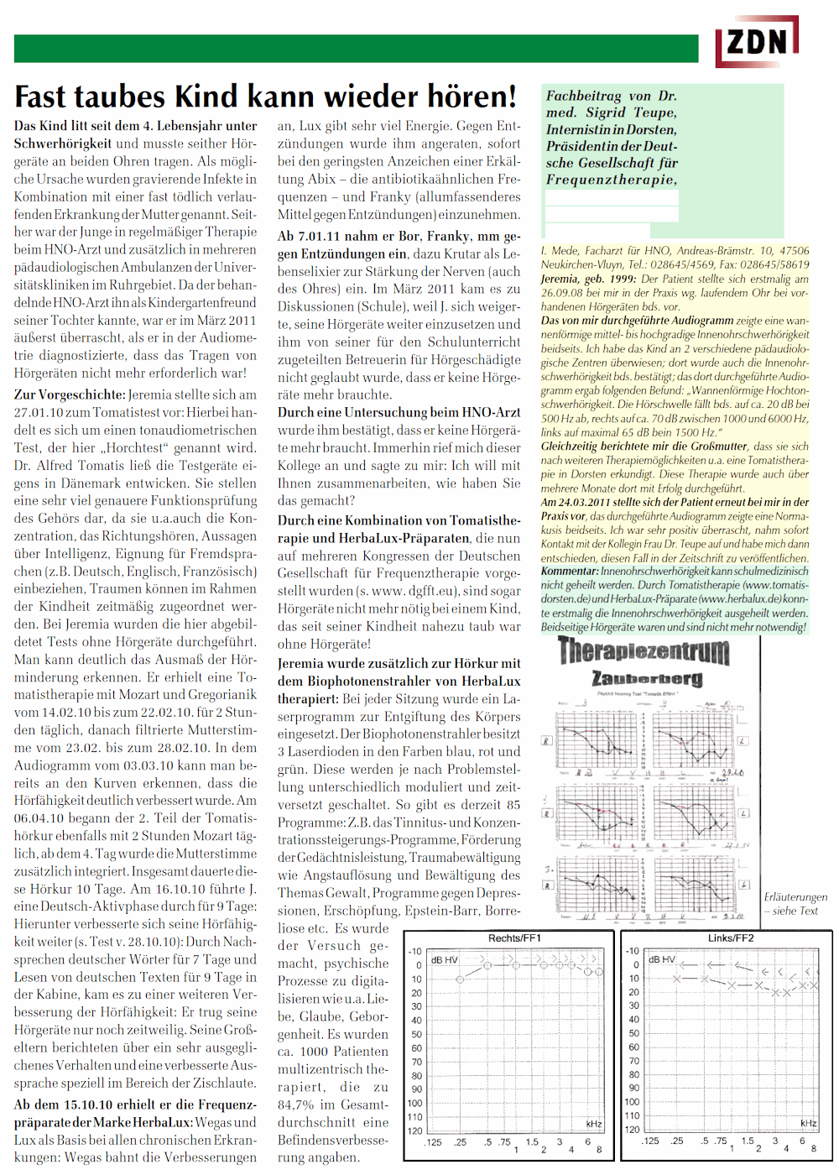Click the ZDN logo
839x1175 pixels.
tap(757, 42)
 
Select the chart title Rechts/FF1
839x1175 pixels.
tap(514, 937)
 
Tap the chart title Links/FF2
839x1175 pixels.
tap(731, 937)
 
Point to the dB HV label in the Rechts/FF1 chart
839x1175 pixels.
tap(444, 959)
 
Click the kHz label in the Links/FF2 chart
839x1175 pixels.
tap(808, 1123)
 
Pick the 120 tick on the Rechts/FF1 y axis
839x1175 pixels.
tap(414, 1131)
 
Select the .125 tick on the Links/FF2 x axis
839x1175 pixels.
tap(650, 1141)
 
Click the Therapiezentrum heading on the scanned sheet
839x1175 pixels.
tap(644, 650)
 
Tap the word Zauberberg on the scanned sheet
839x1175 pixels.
tap(647, 678)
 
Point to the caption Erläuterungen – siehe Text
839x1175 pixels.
tap(795, 904)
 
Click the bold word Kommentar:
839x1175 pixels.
tap(570, 571)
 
